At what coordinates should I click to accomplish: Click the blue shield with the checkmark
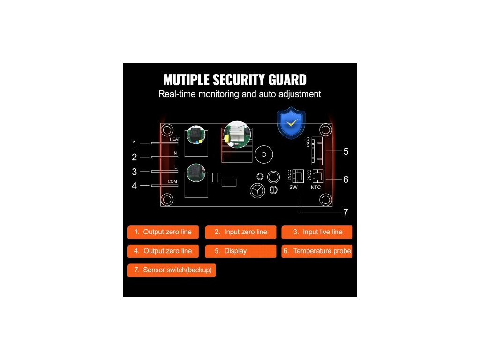(292, 123)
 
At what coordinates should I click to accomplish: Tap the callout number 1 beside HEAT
(135, 143)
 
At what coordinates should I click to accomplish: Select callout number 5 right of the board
(346, 151)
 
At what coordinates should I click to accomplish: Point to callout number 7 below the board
(346, 212)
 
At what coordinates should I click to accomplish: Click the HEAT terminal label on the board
(174, 139)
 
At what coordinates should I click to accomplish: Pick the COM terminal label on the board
(172, 181)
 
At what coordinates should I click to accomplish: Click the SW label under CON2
(293, 187)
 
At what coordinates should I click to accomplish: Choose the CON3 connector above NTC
(319, 176)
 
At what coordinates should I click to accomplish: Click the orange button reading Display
(240, 251)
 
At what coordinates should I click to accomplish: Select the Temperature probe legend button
(317, 251)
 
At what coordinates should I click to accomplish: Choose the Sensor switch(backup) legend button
(172, 270)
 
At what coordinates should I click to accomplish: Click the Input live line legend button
(317, 232)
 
